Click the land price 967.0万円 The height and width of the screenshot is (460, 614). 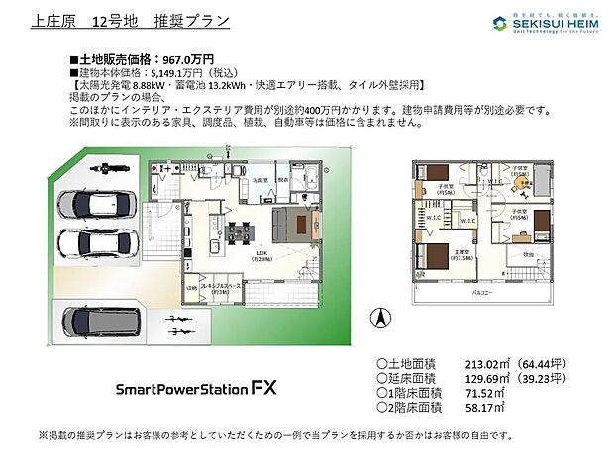pyautogui.click(x=189, y=59)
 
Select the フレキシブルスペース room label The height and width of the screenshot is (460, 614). pyautogui.click(x=224, y=287)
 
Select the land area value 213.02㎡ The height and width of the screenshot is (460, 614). pyautogui.click(x=489, y=363)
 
